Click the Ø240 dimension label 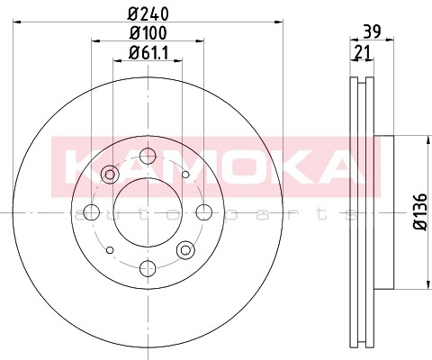148,13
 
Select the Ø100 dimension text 148,33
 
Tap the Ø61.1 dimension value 148,53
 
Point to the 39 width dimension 372,31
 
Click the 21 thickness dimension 363,52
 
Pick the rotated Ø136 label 420,212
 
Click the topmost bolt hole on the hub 148,156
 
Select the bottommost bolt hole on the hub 148,268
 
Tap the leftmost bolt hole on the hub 92,212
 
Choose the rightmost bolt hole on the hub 204,212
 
